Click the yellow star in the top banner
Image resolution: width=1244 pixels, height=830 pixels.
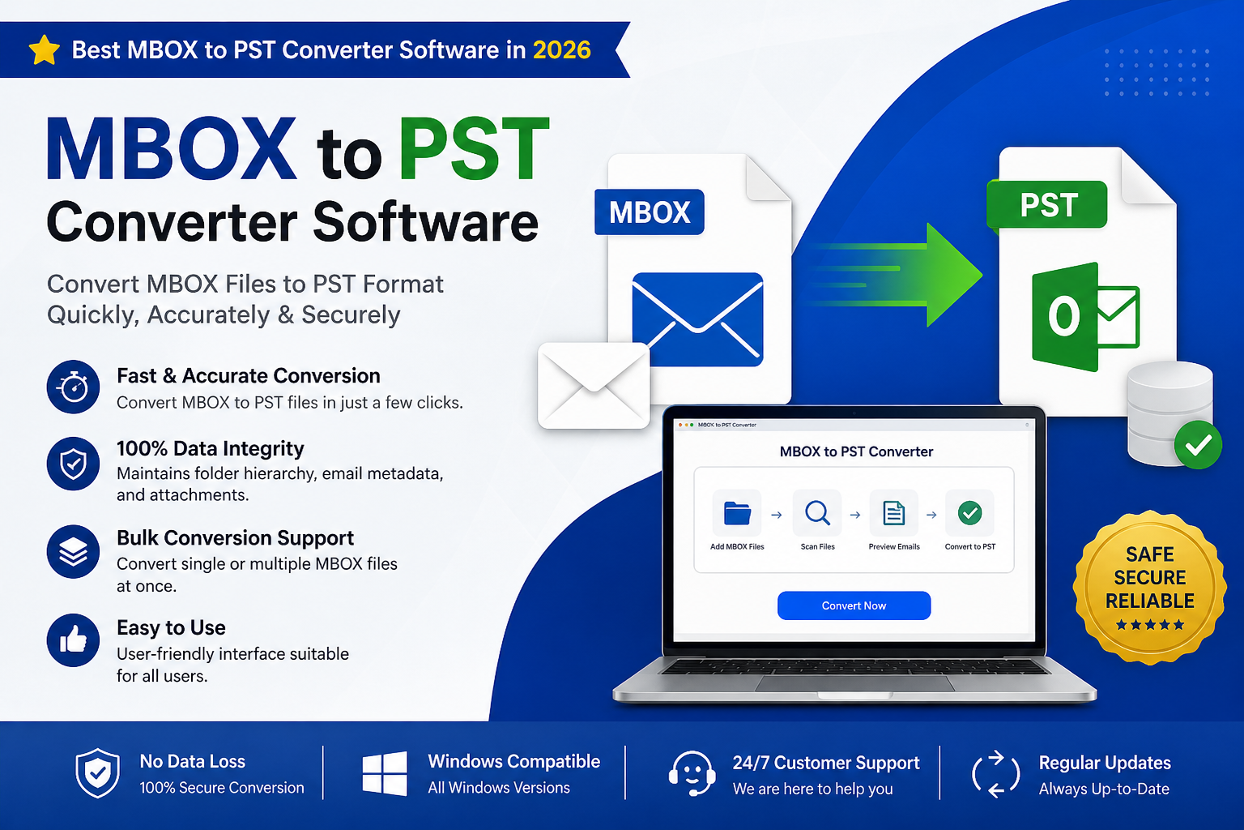[x=45, y=50]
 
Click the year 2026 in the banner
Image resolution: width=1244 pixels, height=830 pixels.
[x=562, y=50]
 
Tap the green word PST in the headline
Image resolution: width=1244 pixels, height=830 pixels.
[x=475, y=149]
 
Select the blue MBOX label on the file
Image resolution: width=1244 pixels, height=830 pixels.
[x=650, y=212]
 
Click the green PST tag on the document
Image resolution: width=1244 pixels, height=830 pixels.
[x=1047, y=204]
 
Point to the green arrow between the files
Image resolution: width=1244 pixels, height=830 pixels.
[x=894, y=276]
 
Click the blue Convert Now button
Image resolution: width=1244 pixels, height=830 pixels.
[x=854, y=605]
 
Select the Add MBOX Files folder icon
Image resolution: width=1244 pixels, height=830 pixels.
[x=737, y=512]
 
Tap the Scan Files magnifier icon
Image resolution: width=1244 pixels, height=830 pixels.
[x=817, y=512]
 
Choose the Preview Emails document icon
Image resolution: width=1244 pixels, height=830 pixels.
[x=893, y=512]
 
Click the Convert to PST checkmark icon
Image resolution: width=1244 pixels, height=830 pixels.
[x=969, y=512]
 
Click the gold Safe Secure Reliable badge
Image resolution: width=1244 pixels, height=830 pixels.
[x=1150, y=587]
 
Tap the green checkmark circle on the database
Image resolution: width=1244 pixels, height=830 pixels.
[x=1198, y=445]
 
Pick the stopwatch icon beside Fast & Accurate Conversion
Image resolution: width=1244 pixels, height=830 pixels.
[x=74, y=387]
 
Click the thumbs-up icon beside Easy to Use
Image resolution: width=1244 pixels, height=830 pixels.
[x=74, y=640]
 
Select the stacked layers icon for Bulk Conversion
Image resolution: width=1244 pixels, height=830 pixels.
[x=74, y=551]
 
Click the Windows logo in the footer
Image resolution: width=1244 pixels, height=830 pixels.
[x=385, y=773]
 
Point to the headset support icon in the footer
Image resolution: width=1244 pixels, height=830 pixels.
[x=692, y=773]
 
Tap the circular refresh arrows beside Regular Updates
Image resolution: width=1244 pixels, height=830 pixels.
[x=995, y=774]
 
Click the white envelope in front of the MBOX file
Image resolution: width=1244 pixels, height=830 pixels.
[x=594, y=385]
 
